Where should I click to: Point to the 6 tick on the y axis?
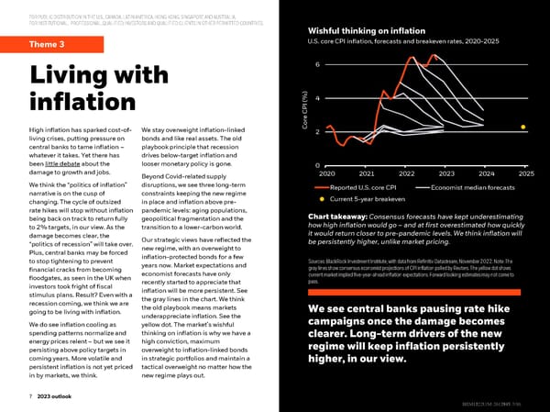tap(316, 64)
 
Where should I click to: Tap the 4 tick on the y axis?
tap(316, 98)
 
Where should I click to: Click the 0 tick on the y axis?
tap(316, 165)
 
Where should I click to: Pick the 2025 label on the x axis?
tap(525, 173)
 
